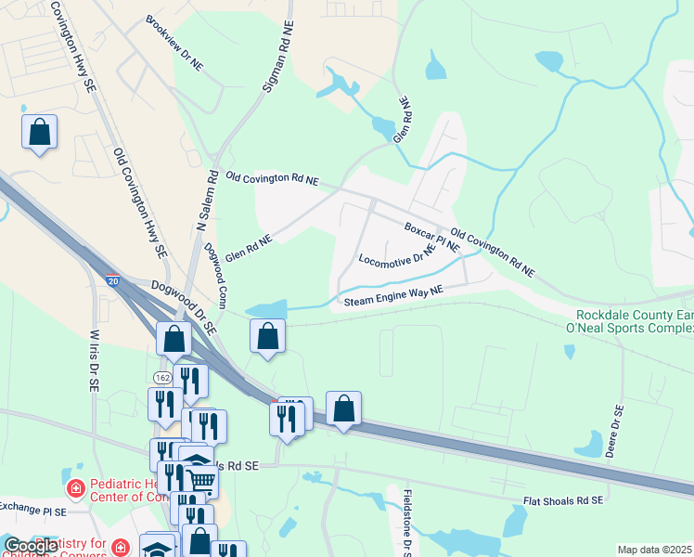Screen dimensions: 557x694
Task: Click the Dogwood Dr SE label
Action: pyautogui.click(x=183, y=307)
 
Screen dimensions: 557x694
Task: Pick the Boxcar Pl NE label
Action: pyautogui.click(x=431, y=238)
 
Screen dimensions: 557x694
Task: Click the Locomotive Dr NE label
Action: pyautogui.click(x=397, y=255)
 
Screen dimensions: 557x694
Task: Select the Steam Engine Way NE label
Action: pyautogui.click(x=394, y=295)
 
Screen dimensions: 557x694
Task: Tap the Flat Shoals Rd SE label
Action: pyautogui.click(x=562, y=500)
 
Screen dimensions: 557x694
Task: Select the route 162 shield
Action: pyautogui.click(x=161, y=378)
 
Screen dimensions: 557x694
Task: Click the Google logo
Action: pyautogui.click(x=30, y=546)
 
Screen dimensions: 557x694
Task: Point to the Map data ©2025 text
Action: pyautogui.click(x=654, y=550)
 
